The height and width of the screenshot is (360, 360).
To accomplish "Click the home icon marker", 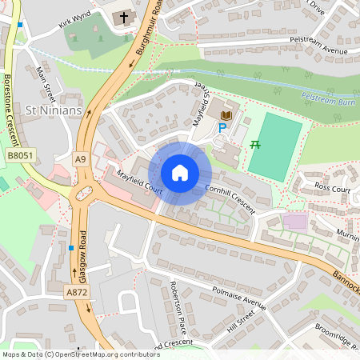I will pyautogui.click(x=180, y=173).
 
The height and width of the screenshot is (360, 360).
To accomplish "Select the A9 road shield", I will pyautogui.click(x=80, y=160).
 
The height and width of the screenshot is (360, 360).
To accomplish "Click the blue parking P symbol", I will pyautogui.click(x=222, y=127).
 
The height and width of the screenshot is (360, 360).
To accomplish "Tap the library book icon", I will pyautogui.click(x=226, y=115).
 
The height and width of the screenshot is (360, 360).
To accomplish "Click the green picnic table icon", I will pyautogui.click(x=256, y=144).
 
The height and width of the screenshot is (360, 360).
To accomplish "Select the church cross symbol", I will pyautogui.click(x=124, y=17).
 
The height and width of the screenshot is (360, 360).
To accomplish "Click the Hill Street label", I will pyautogui.click(x=243, y=322).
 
